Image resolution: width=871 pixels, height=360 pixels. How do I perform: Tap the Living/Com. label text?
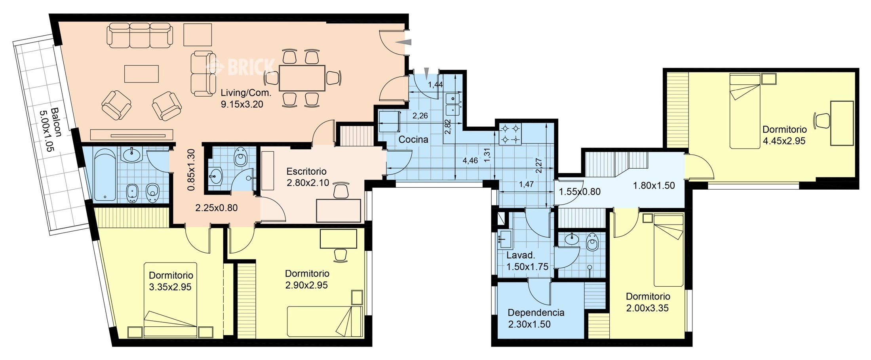click(246, 93)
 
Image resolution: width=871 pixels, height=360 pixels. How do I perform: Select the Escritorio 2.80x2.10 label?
click(307, 177)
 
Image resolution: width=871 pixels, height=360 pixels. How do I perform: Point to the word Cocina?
click(413, 139)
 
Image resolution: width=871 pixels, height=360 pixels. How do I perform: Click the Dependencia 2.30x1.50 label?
click(536, 318)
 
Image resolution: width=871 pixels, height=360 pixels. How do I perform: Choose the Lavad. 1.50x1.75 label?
click(527, 261)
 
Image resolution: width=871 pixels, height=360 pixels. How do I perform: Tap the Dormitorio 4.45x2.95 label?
click(784, 135)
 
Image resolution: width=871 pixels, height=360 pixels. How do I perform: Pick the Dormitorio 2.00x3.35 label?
click(648, 302)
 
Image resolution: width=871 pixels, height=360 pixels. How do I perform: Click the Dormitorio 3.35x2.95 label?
click(171, 281)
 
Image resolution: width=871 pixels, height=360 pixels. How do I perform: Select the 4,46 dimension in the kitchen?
click(470, 160)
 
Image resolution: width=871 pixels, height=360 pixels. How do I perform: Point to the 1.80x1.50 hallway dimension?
click(654, 185)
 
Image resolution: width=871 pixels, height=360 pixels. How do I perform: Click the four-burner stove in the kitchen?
click(510, 134)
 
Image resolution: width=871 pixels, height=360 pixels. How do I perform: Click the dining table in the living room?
click(302, 78)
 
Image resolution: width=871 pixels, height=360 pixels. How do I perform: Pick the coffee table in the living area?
click(141, 73)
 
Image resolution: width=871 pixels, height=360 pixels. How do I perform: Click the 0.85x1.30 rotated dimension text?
click(191, 170)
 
